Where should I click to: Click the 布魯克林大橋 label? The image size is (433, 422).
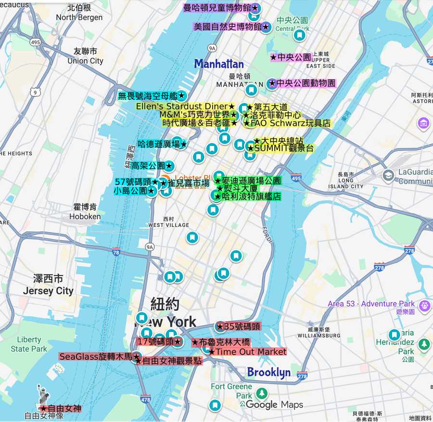point(221,343)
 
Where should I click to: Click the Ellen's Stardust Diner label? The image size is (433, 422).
point(185,106)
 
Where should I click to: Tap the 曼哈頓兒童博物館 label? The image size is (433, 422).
point(221,8)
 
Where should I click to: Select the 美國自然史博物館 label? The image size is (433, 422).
point(231,27)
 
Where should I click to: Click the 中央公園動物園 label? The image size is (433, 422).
point(302,83)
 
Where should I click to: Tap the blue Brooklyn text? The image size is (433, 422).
point(268,372)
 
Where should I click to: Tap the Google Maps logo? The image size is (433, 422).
point(274,405)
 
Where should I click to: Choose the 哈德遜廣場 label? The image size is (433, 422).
point(162,144)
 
